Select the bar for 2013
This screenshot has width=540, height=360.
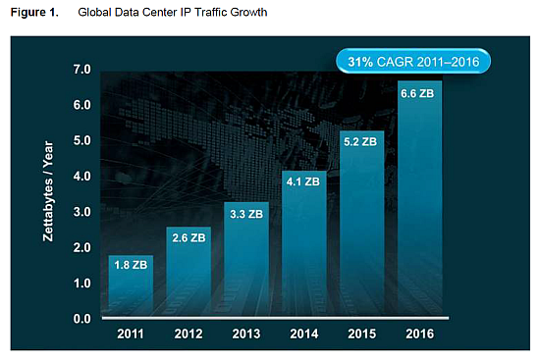point(245,270)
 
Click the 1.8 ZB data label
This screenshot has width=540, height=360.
point(130,264)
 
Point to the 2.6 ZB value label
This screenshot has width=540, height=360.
point(188,236)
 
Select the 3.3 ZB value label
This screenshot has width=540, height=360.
point(245,212)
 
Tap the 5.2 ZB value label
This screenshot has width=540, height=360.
point(361,141)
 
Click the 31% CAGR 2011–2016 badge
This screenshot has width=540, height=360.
point(417,62)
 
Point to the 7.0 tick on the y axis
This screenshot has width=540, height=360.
point(82,70)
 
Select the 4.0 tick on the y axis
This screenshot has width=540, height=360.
point(82,177)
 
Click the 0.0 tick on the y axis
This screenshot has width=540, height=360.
point(82,319)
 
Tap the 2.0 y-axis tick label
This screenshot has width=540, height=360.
point(82,248)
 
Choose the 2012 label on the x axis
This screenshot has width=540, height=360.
point(188,334)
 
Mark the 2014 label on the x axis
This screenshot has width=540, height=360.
point(303,334)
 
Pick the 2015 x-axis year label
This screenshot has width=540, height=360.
point(361,334)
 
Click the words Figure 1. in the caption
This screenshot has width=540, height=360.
point(34,13)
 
